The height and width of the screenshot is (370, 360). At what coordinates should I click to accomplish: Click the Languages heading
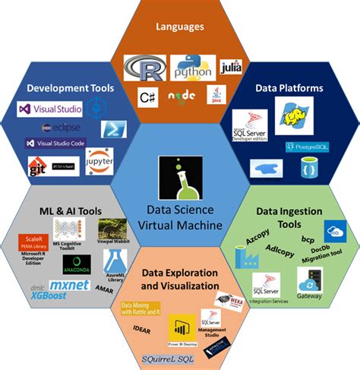click(x=179, y=27)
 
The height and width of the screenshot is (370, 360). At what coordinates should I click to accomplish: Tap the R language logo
click(x=145, y=69)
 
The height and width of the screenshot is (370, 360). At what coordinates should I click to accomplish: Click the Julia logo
click(x=230, y=68)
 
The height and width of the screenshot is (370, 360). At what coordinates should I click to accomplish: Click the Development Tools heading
click(x=71, y=88)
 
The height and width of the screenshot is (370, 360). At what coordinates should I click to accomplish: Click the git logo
click(x=38, y=166)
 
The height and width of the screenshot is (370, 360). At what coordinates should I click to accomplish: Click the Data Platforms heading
click(x=289, y=88)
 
